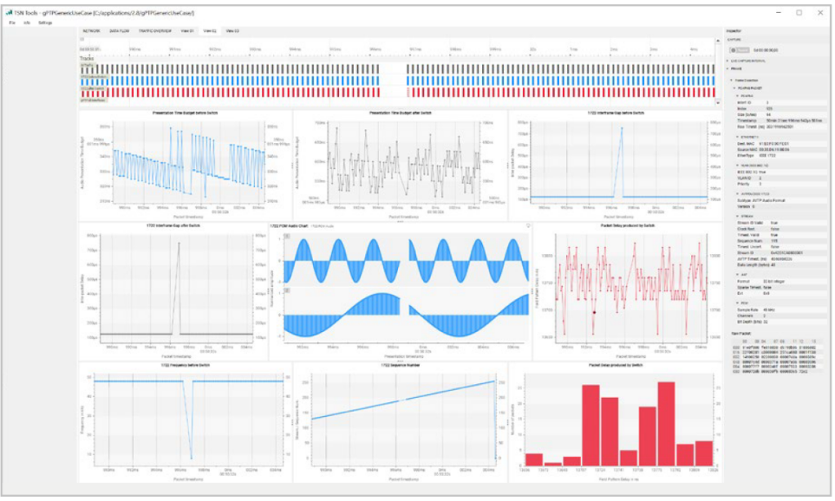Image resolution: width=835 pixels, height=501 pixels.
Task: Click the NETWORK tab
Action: pyautogui.click(x=92, y=30)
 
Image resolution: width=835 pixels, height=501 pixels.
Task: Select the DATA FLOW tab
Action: pyautogui.click(x=119, y=30)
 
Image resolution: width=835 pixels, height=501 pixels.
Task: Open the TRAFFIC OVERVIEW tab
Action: pyautogui.click(x=154, y=30)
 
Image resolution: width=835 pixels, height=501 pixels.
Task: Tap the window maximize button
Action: pyautogui.click(x=798, y=12)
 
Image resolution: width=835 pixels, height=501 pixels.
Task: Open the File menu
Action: pyautogui.click(x=12, y=22)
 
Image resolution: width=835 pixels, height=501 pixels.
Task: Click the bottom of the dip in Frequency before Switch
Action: pyautogui.click(x=192, y=459)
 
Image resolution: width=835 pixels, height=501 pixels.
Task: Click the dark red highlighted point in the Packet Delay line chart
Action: pyautogui.click(x=594, y=311)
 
